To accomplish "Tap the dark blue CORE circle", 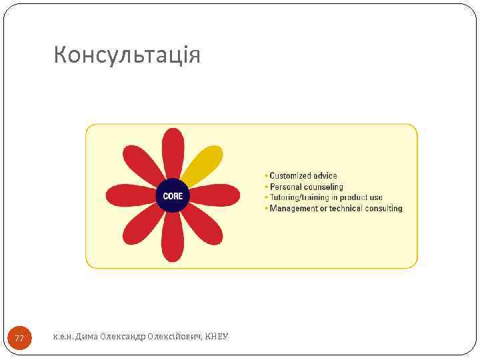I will (x=173, y=196).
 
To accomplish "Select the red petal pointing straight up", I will (x=173, y=151).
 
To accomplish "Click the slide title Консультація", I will (x=127, y=55).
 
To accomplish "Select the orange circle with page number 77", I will (x=19, y=339).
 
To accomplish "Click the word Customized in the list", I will (x=290, y=176).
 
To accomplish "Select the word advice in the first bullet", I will (x=325, y=176).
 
